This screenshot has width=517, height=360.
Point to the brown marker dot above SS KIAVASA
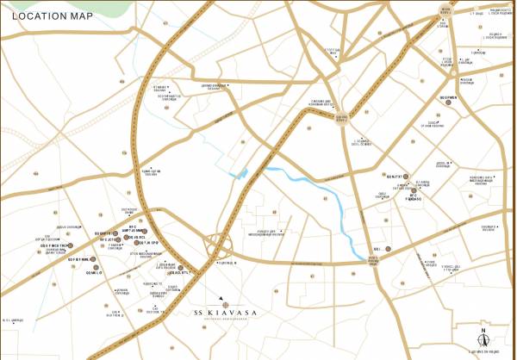tap(223, 304)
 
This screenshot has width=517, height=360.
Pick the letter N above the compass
tap(483, 330)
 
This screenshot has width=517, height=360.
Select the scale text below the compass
tap(483, 351)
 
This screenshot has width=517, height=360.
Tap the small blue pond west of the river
tap(242, 175)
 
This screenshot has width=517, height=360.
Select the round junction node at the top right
tap(445, 9)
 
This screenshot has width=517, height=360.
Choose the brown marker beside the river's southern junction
tap(389, 250)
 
